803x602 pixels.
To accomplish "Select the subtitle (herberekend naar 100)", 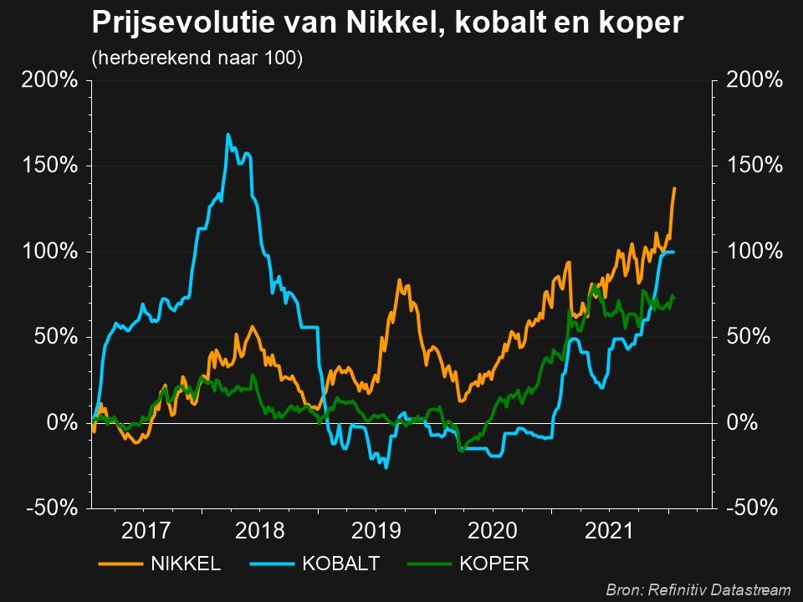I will click(x=197, y=59).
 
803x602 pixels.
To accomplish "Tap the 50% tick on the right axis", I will click(x=747, y=337).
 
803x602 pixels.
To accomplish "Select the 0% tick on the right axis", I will click(x=743, y=423).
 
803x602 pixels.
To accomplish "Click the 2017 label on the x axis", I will click(x=146, y=530).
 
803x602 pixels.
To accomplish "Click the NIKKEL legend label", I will click(x=185, y=564).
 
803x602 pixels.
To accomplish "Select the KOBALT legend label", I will click(x=341, y=564).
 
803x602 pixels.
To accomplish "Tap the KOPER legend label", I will click(x=494, y=564).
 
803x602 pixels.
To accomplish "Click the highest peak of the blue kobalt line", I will click(x=228, y=134).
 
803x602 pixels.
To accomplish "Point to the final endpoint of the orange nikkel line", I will click(x=674, y=188).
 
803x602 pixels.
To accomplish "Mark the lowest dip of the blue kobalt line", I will click(x=386, y=467).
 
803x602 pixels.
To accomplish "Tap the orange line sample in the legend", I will click(x=120, y=564).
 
